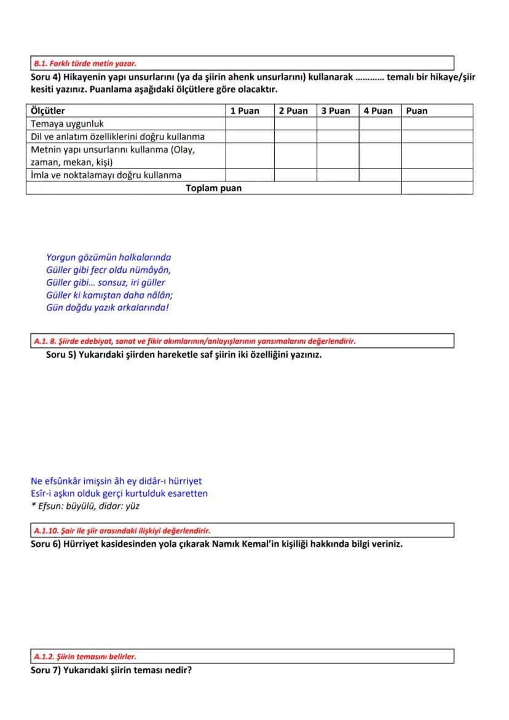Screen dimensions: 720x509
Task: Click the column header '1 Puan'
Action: pyautogui.click(x=245, y=111)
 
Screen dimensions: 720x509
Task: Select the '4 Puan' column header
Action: pyautogui.click(x=377, y=111)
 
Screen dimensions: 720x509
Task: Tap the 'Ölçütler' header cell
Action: pyautogui.click(x=48, y=111)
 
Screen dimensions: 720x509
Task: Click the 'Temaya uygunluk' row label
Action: pyautogui.click(x=68, y=124)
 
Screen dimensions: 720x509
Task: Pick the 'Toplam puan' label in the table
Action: pyautogui.click(x=213, y=188)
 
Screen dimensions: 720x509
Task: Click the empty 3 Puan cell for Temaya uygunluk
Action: pyautogui.click(x=337, y=124)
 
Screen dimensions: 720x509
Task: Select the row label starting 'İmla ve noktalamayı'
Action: pyautogui.click(x=106, y=175)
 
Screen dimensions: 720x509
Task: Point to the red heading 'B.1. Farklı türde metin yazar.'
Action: pyautogui.click(x=85, y=63)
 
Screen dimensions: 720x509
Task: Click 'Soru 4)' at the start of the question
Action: pyautogui.click(x=46, y=77)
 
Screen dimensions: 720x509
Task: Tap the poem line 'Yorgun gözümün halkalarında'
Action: pyautogui.click(x=108, y=258)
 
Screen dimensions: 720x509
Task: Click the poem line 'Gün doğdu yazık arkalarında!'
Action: pyautogui.click(x=107, y=307)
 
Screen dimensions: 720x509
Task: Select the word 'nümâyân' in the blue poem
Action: pyautogui.click(x=151, y=270)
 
